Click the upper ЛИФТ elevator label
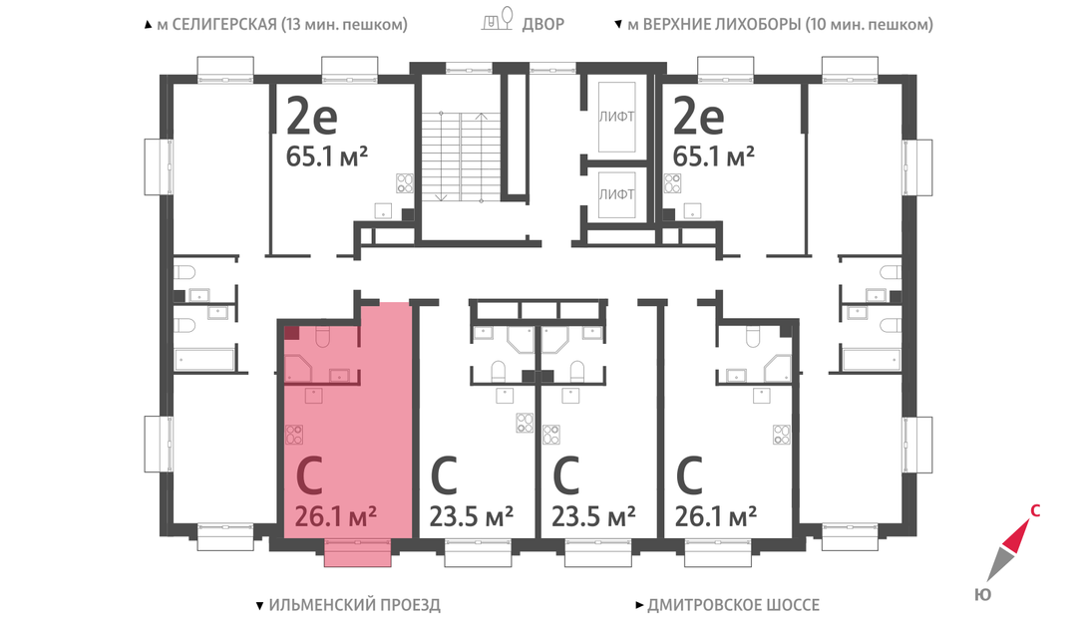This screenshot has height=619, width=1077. tap(616, 117)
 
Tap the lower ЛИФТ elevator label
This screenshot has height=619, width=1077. tap(616, 194)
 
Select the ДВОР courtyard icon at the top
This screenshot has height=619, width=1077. tap(497, 20)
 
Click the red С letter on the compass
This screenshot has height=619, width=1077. tap(1035, 510)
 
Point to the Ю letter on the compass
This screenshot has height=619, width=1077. tap(983, 594)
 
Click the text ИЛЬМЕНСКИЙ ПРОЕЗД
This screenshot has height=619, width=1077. tap(354, 605)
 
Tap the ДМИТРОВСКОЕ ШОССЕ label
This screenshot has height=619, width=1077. tap(734, 605)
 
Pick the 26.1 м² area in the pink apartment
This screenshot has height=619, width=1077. tap(335, 516)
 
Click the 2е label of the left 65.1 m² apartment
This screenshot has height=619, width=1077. tap(312, 117)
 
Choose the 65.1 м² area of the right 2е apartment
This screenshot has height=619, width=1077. tap(714, 157)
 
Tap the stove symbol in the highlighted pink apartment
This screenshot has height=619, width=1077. tap(294, 435)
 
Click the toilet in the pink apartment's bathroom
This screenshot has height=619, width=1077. tap(322, 336)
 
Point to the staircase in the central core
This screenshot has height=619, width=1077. tap(461, 156)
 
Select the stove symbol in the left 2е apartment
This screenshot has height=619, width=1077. tap(405, 183)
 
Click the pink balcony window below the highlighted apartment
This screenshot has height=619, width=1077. tap(357, 552)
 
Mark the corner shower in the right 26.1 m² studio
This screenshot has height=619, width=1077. tap(778, 369)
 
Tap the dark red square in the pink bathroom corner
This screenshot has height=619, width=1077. tap(292, 334)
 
